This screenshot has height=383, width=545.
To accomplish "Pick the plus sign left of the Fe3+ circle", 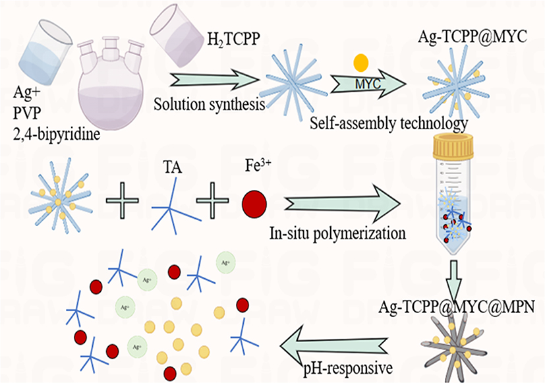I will (212, 199).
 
